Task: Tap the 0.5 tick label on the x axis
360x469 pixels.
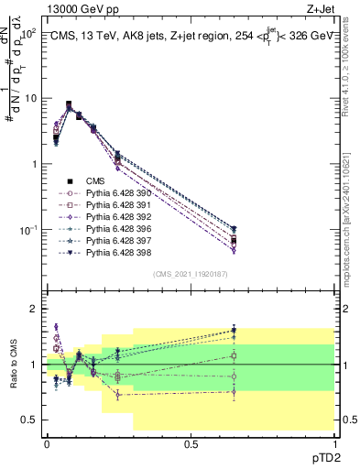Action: coord(191,443)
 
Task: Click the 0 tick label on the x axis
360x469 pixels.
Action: coord(47,443)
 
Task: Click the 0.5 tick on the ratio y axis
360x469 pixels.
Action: coord(30,420)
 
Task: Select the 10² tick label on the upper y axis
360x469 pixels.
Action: coord(27,33)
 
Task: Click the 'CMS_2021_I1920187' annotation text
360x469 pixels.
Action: coord(190,274)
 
